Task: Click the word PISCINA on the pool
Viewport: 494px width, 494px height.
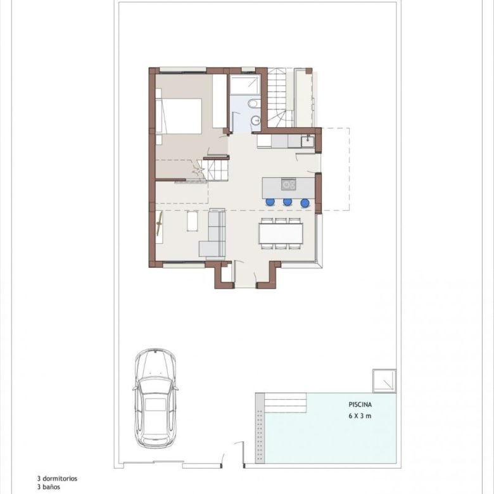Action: (x=360, y=404)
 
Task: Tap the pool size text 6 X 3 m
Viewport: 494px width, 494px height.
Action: (x=360, y=416)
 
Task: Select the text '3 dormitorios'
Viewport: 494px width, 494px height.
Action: (x=57, y=479)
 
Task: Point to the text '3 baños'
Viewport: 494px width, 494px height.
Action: (x=49, y=487)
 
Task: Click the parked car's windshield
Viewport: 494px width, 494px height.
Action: (x=155, y=386)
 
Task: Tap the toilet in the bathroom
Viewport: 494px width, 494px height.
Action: (x=253, y=103)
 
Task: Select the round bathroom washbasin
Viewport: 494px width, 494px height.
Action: (x=256, y=120)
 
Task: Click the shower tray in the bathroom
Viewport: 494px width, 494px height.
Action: (x=244, y=84)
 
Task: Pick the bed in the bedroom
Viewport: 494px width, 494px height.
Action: (x=179, y=116)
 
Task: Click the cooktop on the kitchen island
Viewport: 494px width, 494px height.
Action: (x=288, y=184)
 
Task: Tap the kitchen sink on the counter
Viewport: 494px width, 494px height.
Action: (x=307, y=141)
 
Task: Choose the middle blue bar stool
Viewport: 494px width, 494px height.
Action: (x=288, y=201)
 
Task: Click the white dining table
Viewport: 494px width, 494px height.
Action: (x=281, y=234)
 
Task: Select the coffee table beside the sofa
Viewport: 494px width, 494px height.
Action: (x=192, y=221)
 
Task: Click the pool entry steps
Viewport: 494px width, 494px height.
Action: (x=285, y=403)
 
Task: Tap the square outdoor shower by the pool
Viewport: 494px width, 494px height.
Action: (x=384, y=381)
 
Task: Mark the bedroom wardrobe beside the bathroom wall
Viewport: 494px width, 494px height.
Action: (x=220, y=101)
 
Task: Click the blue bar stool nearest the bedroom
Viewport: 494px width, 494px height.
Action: (x=270, y=201)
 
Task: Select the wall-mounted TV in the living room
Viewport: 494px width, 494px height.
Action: (x=160, y=224)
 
